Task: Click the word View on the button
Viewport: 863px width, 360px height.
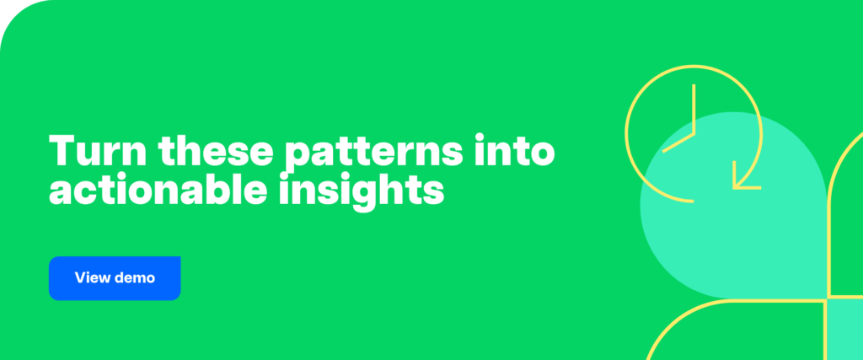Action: point(91,277)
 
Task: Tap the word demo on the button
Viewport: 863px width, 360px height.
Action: point(135,277)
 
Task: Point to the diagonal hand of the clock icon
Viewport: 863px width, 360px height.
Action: point(678,142)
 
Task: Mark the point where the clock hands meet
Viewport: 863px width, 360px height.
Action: point(694,133)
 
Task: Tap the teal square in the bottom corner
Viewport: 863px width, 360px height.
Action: point(845,330)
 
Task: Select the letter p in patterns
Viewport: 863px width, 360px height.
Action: point(297,155)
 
